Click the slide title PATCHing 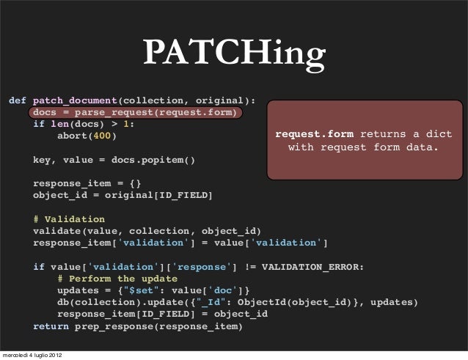click(233, 53)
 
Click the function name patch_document click(76, 100)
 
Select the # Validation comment click(69, 218)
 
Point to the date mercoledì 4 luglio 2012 click(32, 355)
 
